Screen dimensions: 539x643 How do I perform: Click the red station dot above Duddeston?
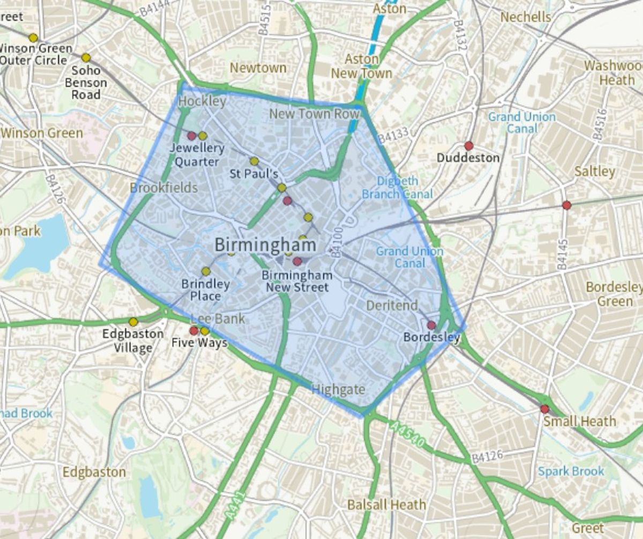[469, 146]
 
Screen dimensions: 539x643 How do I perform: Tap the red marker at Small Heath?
[545, 409]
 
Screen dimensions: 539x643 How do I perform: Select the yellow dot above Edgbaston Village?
[133, 322]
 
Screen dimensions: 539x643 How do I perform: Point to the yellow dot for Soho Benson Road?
[86, 57]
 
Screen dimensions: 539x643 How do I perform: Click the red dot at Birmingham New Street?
[297, 261]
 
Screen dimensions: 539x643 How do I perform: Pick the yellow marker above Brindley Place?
[206, 271]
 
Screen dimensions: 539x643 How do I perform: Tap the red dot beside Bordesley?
[431, 325]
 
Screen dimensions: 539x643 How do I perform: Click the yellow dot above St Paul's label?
[254, 161]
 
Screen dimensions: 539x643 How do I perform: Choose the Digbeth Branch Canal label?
[397, 188]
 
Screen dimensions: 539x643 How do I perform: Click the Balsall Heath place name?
[386, 505]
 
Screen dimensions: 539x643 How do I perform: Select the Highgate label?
[338, 390]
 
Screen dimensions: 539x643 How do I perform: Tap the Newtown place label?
[258, 68]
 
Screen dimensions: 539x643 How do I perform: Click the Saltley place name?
[594, 171]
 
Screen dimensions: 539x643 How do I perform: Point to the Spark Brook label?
[571, 471]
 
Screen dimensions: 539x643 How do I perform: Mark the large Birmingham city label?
[265, 245]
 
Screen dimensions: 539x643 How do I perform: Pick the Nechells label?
[525, 17]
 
